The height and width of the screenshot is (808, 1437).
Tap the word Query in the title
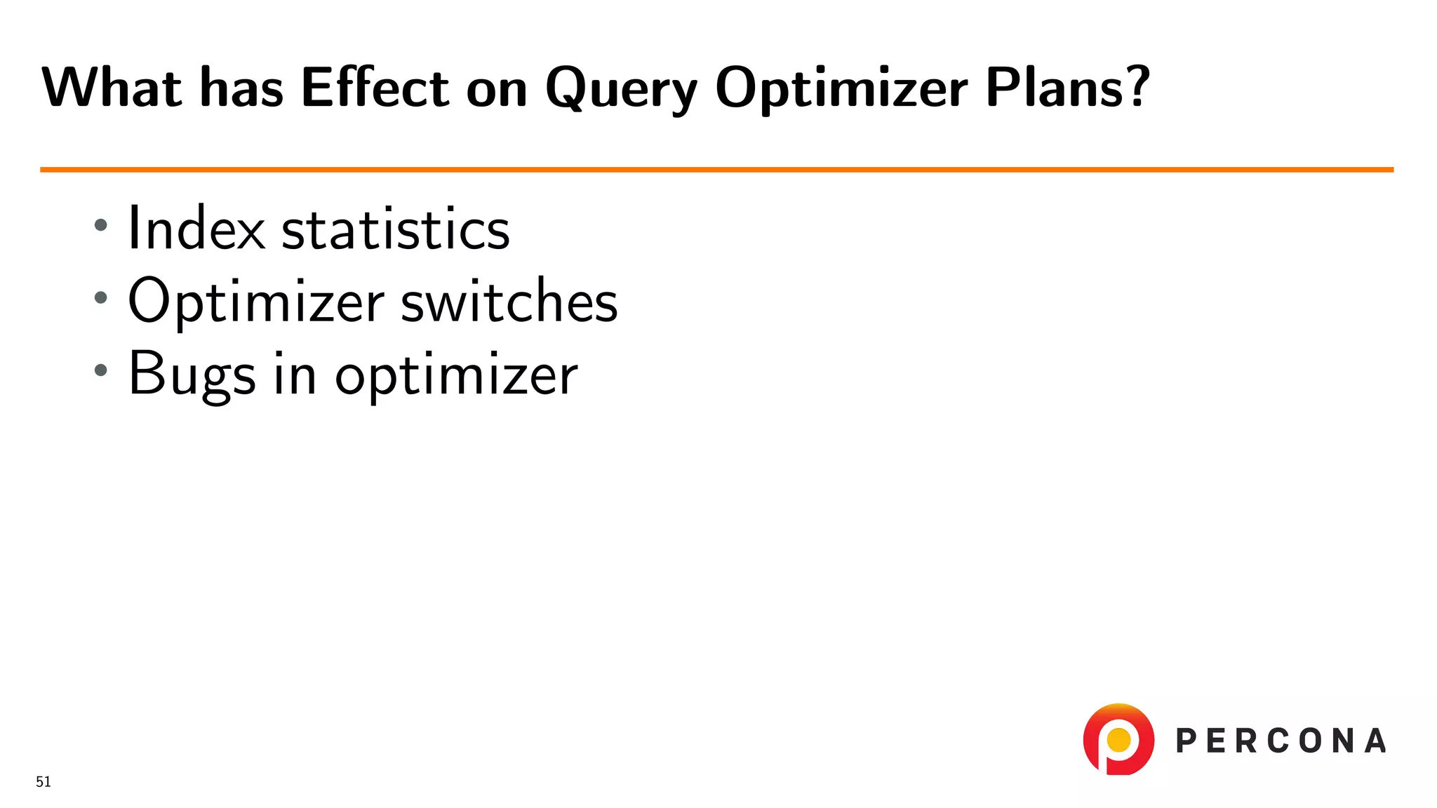click(x=621, y=89)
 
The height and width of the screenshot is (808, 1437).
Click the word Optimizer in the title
click(x=841, y=89)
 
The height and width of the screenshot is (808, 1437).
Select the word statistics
click(x=395, y=229)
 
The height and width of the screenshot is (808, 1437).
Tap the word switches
click(x=509, y=301)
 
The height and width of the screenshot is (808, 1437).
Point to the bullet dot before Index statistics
click(x=101, y=225)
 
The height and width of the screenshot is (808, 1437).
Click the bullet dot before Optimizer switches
click(x=101, y=297)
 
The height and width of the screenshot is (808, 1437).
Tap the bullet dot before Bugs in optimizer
click(x=101, y=370)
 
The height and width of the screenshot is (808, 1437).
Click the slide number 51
click(x=44, y=781)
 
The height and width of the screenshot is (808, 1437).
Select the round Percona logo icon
click(x=1118, y=739)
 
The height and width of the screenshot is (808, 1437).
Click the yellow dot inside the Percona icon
click(x=1118, y=739)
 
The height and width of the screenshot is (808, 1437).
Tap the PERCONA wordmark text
click(x=1281, y=741)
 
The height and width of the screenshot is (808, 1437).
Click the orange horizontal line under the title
click(x=716, y=170)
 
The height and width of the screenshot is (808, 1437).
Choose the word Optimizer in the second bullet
click(x=255, y=302)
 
